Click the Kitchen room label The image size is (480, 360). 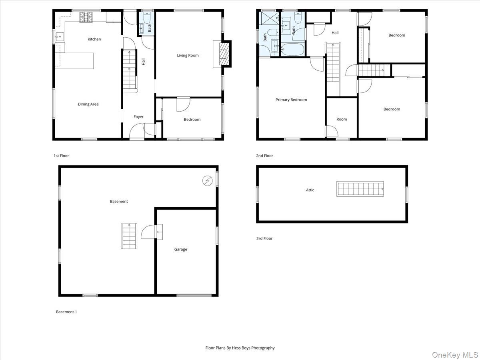(x=94, y=39)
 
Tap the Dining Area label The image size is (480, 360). (x=88, y=104)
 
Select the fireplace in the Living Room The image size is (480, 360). (x=225, y=54)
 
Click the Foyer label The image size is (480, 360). (x=138, y=117)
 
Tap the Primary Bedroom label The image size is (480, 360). (x=291, y=100)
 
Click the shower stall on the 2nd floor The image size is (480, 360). (x=266, y=19)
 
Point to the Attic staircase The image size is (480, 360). (x=360, y=189)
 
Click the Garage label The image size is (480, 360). (x=180, y=250)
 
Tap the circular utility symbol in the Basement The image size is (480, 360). (x=207, y=181)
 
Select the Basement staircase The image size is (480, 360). (x=129, y=236)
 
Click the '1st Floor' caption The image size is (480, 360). (x=61, y=156)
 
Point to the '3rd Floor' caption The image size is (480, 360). (x=264, y=238)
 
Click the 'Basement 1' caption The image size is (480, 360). (x=66, y=312)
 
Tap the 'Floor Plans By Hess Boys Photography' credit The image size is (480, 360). (x=240, y=348)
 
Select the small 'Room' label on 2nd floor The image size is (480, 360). (x=342, y=119)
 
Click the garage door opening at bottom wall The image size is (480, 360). (x=194, y=295)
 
